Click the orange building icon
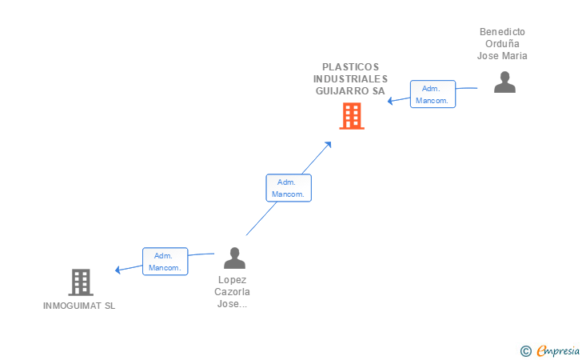tap(351, 117)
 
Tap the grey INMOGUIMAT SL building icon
tap(81, 282)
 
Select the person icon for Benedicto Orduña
tap(504, 82)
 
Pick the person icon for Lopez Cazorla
tap(234, 258)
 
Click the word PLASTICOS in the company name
tap(351, 67)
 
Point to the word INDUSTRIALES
tap(351, 79)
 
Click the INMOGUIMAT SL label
tap(79, 306)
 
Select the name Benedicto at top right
tap(502, 32)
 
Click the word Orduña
tap(502, 44)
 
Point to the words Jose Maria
tap(502, 56)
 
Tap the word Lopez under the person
tap(232, 280)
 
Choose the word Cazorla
tap(232, 292)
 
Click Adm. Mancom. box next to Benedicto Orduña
tap(433, 94)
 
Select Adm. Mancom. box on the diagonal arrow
tap(289, 188)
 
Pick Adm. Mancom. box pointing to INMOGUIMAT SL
tap(165, 262)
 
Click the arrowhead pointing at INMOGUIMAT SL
tap(118, 270)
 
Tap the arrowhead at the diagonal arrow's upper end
tap(329, 144)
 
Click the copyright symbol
tap(525, 350)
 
